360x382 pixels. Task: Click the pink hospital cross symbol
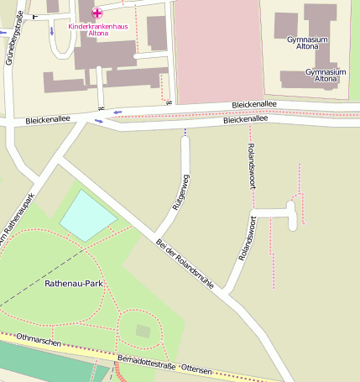coord(97,13)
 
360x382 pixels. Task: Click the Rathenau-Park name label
coord(74,285)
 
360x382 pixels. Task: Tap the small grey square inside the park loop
coord(143,331)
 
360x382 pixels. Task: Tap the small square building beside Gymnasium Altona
coord(285,25)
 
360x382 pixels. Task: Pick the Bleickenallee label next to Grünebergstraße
coord(45,121)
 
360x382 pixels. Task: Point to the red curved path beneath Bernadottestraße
coord(118,371)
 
